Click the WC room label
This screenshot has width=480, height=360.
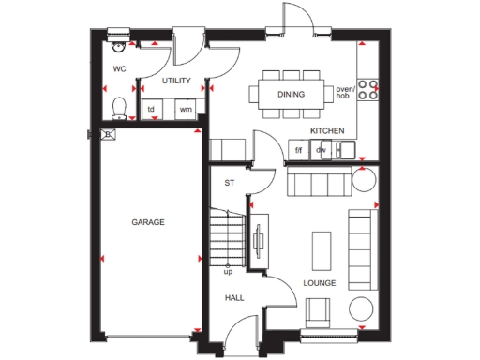click(x=119, y=69)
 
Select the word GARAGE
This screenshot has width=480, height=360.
click(x=147, y=222)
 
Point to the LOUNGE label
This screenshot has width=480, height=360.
click(x=319, y=281)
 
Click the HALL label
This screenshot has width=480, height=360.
click(x=233, y=297)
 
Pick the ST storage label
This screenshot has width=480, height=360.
click(x=228, y=183)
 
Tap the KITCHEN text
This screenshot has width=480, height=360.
click(x=327, y=130)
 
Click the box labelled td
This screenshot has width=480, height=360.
click(x=152, y=110)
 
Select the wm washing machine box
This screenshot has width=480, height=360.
click(x=185, y=110)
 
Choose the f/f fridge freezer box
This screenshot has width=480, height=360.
click(x=299, y=149)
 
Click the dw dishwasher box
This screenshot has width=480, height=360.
click(x=321, y=149)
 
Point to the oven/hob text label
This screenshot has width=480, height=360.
click(x=345, y=93)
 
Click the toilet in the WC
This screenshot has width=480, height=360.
click(x=118, y=106)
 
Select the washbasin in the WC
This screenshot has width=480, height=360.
click(x=117, y=42)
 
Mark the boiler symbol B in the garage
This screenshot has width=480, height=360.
click(x=109, y=135)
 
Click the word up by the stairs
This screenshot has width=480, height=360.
click(x=227, y=272)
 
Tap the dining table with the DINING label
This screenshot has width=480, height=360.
click(x=291, y=94)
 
